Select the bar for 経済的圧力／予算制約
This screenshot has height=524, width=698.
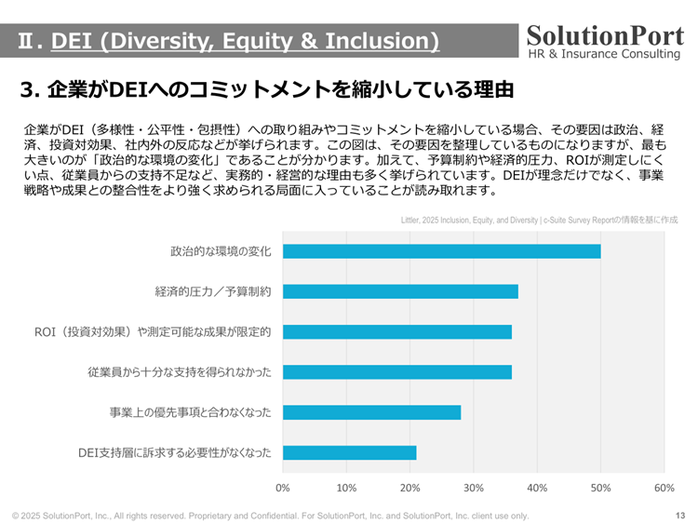[x=400, y=291]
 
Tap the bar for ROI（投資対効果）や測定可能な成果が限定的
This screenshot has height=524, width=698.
[x=396, y=332]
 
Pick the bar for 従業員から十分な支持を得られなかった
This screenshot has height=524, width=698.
[x=396, y=372]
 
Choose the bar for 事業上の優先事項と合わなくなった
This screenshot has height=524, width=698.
[x=371, y=412]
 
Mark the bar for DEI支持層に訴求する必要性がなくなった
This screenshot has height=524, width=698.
[x=349, y=453]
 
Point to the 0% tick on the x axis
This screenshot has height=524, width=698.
[x=283, y=488]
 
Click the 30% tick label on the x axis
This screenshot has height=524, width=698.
[x=474, y=488]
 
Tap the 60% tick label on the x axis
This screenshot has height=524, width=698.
[x=664, y=488]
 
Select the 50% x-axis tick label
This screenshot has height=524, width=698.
[x=600, y=488]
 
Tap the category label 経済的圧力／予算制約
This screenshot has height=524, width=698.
[x=213, y=291]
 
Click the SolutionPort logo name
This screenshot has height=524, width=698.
[x=604, y=34]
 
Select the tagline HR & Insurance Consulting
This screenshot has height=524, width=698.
[x=604, y=54]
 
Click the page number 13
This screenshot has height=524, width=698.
[x=679, y=516]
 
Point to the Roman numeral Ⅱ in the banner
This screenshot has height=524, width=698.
[x=27, y=41]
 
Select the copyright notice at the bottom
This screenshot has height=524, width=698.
[x=270, y=516]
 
